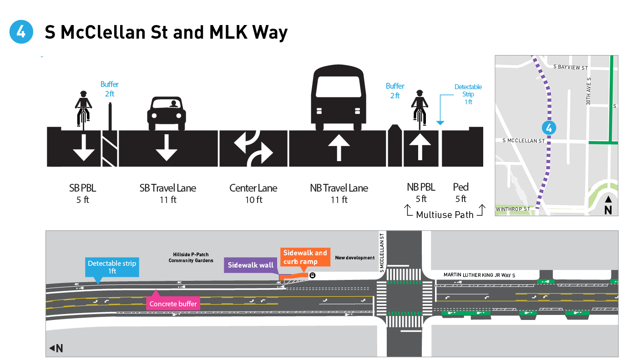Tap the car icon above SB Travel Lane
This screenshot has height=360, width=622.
point(167,113)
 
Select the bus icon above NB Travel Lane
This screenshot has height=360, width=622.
point(339,98)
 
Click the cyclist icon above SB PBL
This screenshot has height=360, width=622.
point(83,108)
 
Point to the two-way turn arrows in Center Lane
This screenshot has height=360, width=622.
point(253,147)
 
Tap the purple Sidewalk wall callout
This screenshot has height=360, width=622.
point(250,265)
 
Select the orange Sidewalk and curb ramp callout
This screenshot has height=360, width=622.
point(305,257)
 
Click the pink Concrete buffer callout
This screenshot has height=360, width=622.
point(173,304)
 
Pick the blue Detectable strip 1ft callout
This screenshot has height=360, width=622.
point(112,267)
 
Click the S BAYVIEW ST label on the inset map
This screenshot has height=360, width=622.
point(571,67)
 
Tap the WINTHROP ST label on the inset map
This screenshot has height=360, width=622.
point(513,209)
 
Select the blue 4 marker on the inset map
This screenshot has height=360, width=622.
point(549,128)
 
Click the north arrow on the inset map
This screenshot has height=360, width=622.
point(608,205)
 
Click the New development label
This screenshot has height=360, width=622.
point(354,258)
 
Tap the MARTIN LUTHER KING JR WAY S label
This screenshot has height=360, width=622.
point(480,275)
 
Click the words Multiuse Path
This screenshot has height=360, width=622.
point(445,214)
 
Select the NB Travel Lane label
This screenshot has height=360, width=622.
point(339,188)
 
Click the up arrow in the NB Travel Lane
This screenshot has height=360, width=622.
point(339,147)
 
